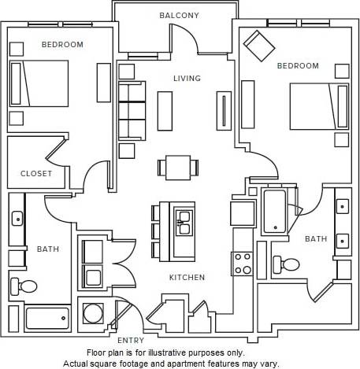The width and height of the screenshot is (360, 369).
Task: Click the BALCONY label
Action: [179, 15]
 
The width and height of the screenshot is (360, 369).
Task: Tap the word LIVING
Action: [187, 78]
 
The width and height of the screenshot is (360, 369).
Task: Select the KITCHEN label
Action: [187, 278]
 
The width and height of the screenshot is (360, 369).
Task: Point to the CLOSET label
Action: [36, 173]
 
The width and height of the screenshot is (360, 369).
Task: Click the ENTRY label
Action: [131, 340]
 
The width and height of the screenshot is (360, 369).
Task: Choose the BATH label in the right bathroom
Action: [316, 238]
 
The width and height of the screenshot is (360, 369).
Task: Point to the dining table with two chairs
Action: [177, 167]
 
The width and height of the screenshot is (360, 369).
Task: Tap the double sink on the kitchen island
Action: [184, 223]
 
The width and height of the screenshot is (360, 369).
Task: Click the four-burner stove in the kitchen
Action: [242, 264]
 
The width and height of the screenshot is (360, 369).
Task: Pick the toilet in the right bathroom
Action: [280, 264]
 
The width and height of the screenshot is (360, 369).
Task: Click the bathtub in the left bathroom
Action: [47, 319]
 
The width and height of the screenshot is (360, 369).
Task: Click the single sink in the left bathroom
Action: [17, 218]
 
